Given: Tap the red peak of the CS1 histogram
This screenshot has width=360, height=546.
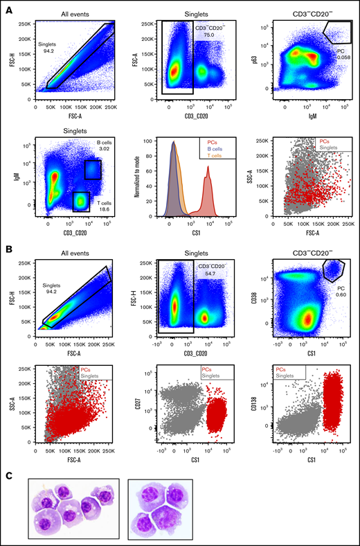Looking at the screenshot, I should (x=207, y=177).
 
